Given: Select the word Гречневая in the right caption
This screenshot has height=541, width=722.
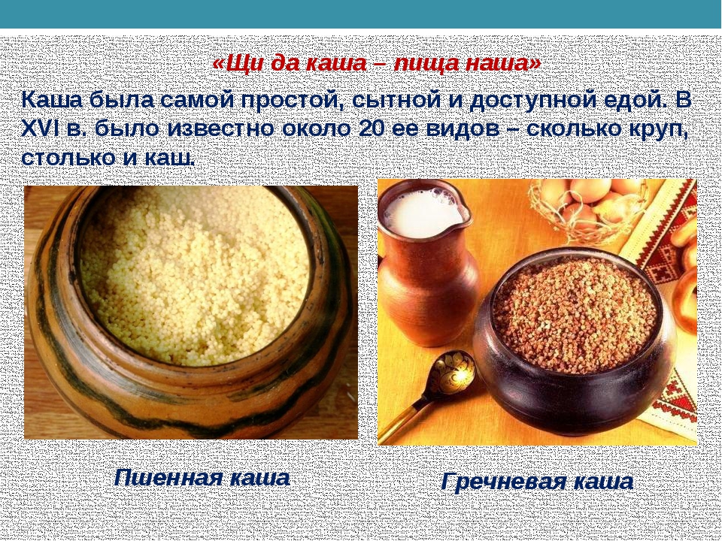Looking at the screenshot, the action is click(x=503, y=482).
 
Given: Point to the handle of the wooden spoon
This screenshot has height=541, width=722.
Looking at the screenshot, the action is click(x=402, y=419).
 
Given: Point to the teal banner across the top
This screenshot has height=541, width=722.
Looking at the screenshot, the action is click(x=361, y=14).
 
